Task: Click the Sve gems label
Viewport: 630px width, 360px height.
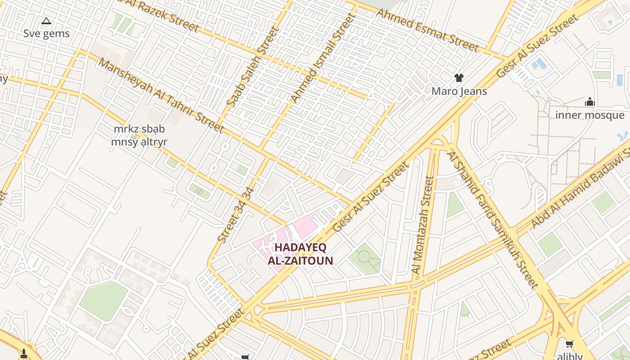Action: click(x=46, y=34)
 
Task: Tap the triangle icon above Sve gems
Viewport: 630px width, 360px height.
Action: click(x=46, y=21)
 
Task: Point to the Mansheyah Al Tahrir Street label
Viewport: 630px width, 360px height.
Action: click(x=161, y=95)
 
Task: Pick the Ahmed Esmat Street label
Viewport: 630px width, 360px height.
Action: click(x=427, y=30)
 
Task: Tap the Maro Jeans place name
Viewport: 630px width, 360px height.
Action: click(x=459, y=91)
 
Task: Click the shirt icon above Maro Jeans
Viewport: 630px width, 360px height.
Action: click(x=459, y=78)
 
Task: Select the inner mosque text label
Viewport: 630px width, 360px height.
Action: click(x=589, y=115)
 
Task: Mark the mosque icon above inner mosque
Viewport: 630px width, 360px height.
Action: click(x=589, y=102)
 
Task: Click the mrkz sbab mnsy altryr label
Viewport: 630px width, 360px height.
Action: click(x=139, y=135)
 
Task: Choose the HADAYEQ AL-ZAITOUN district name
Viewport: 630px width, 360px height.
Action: click(x=300, y=254)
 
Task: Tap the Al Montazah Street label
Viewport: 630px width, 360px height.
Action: click(x=423, y=225)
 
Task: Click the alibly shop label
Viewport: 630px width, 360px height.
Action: click(x=570, y=356)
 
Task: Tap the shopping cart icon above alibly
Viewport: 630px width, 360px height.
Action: click(x=569, y=344)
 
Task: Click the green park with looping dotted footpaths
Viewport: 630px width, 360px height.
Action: click(x=365, y=259)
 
